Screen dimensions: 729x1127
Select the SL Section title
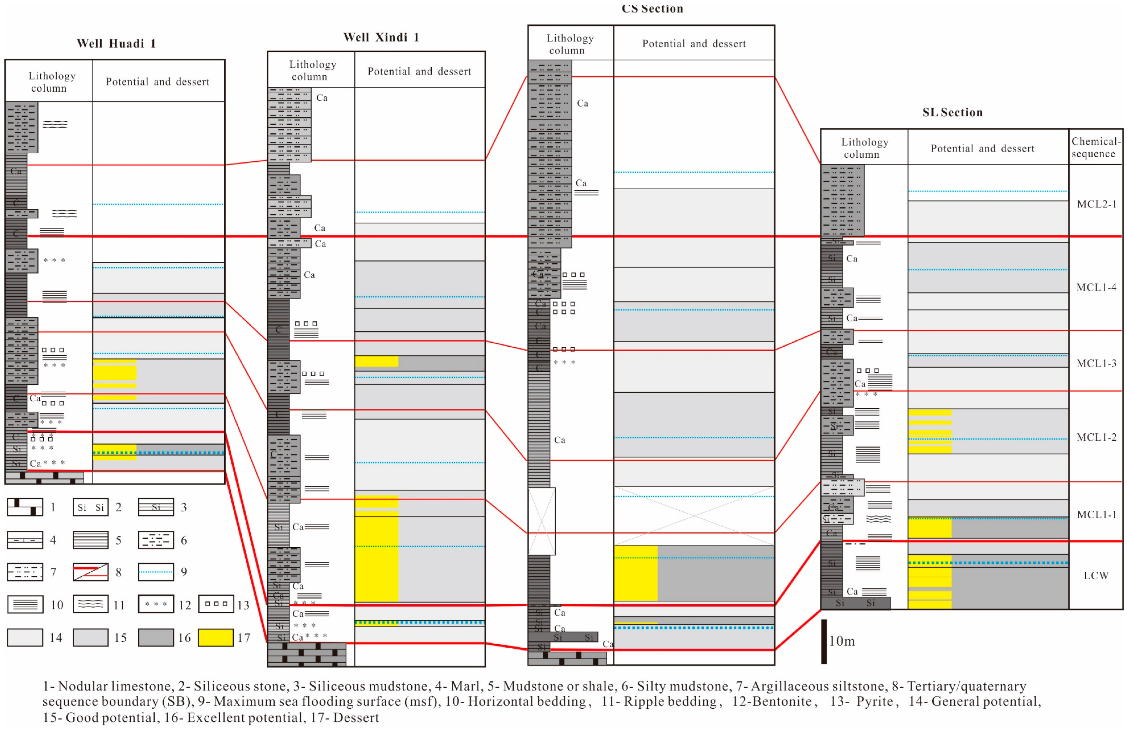[x=952, y=112]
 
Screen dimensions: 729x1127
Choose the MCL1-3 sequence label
[x=1096, y=363]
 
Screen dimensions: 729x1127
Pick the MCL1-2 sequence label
[x=1096, y=437]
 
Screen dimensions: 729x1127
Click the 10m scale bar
[x=824, y=642]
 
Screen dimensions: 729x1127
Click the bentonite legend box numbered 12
[x=156, y=604]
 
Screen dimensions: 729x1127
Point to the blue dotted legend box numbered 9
[x=156, y=572]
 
